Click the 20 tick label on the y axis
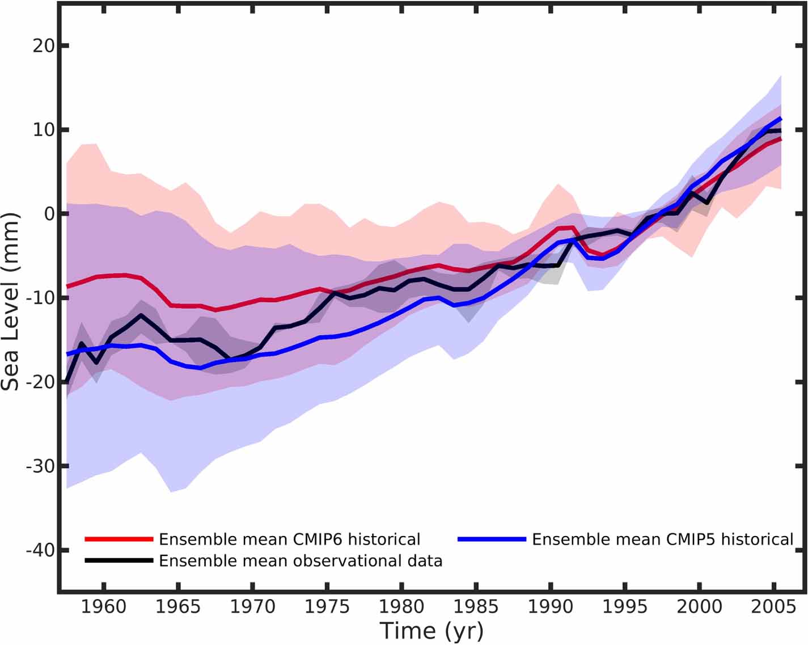coord(43,45)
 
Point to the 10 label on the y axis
coord(43,129)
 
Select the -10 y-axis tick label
coord(40,298)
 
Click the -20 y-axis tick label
coord(40,382)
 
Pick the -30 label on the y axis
coord(40,466)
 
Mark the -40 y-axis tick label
coord(40,550)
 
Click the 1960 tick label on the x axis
coord(104,607)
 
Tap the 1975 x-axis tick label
coord(327,607)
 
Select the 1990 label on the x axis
coord(551,607)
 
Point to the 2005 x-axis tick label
coord(774,607)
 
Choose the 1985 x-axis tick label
coord(476,607)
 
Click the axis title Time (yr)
coord(432,631)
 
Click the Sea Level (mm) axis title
coord(11,302)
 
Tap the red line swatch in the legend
coord(119,539)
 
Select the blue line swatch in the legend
coord(492,539)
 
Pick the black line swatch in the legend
coord(119,560)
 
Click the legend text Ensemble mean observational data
coord(301,560)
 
